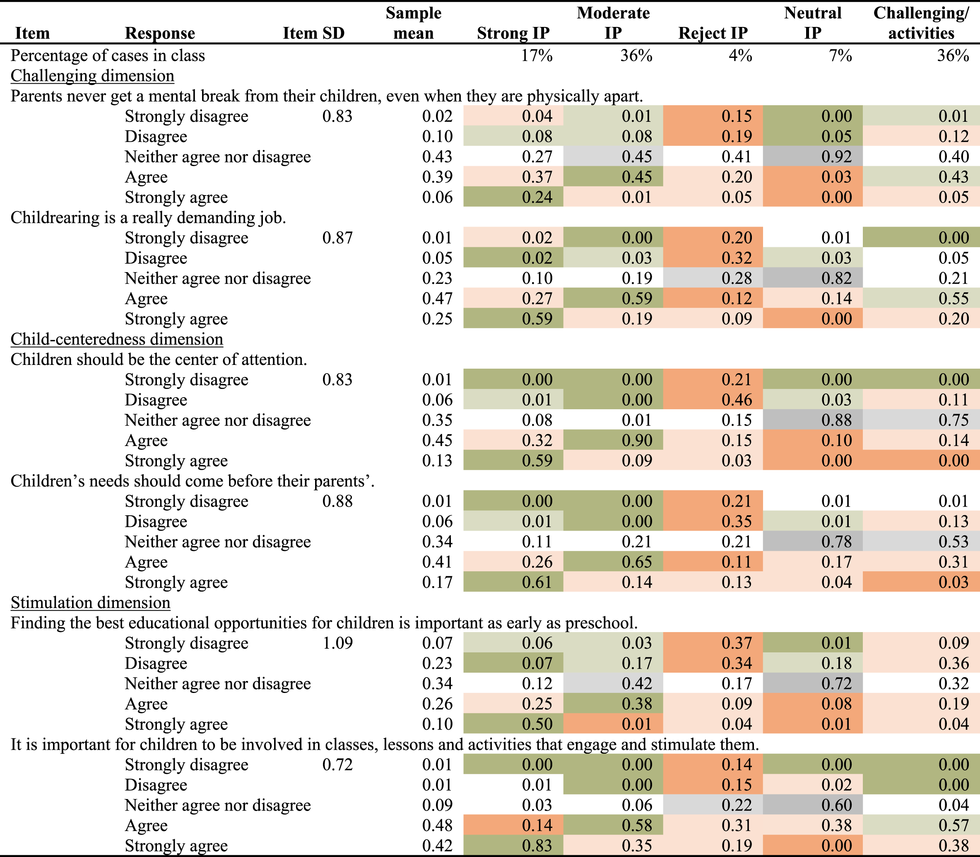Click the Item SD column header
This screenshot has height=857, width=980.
313,33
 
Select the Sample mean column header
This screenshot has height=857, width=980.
414,23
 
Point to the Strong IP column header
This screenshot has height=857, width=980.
513,33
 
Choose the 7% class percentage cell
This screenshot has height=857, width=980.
840,56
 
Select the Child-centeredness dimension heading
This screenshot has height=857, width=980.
117,339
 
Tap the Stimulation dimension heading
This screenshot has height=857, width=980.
90,603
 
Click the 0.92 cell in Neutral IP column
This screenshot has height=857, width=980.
837,157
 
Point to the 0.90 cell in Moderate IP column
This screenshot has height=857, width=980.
637,440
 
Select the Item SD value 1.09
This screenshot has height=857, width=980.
337,643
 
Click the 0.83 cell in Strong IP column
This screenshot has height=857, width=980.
537,845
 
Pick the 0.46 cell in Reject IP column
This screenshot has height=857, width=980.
737,400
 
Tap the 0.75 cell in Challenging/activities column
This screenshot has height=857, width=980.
954,420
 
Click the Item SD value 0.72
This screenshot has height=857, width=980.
337,765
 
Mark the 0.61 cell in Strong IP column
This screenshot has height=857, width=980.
537,582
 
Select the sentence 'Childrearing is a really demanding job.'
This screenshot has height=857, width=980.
148,217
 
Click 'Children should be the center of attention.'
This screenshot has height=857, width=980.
159,360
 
